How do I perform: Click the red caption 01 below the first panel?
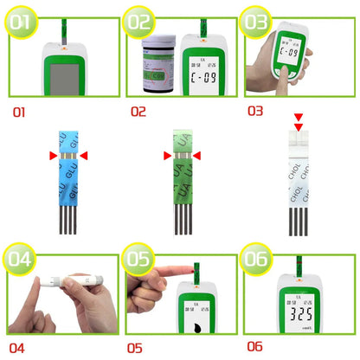pyautogui.click(x=20, y=112)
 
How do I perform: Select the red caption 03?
pyautogui.click(x=254, y=111)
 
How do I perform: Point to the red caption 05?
pyautogui.click(x=134, y=348)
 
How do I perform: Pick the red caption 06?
pyautogui.click(x=253, y=346)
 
